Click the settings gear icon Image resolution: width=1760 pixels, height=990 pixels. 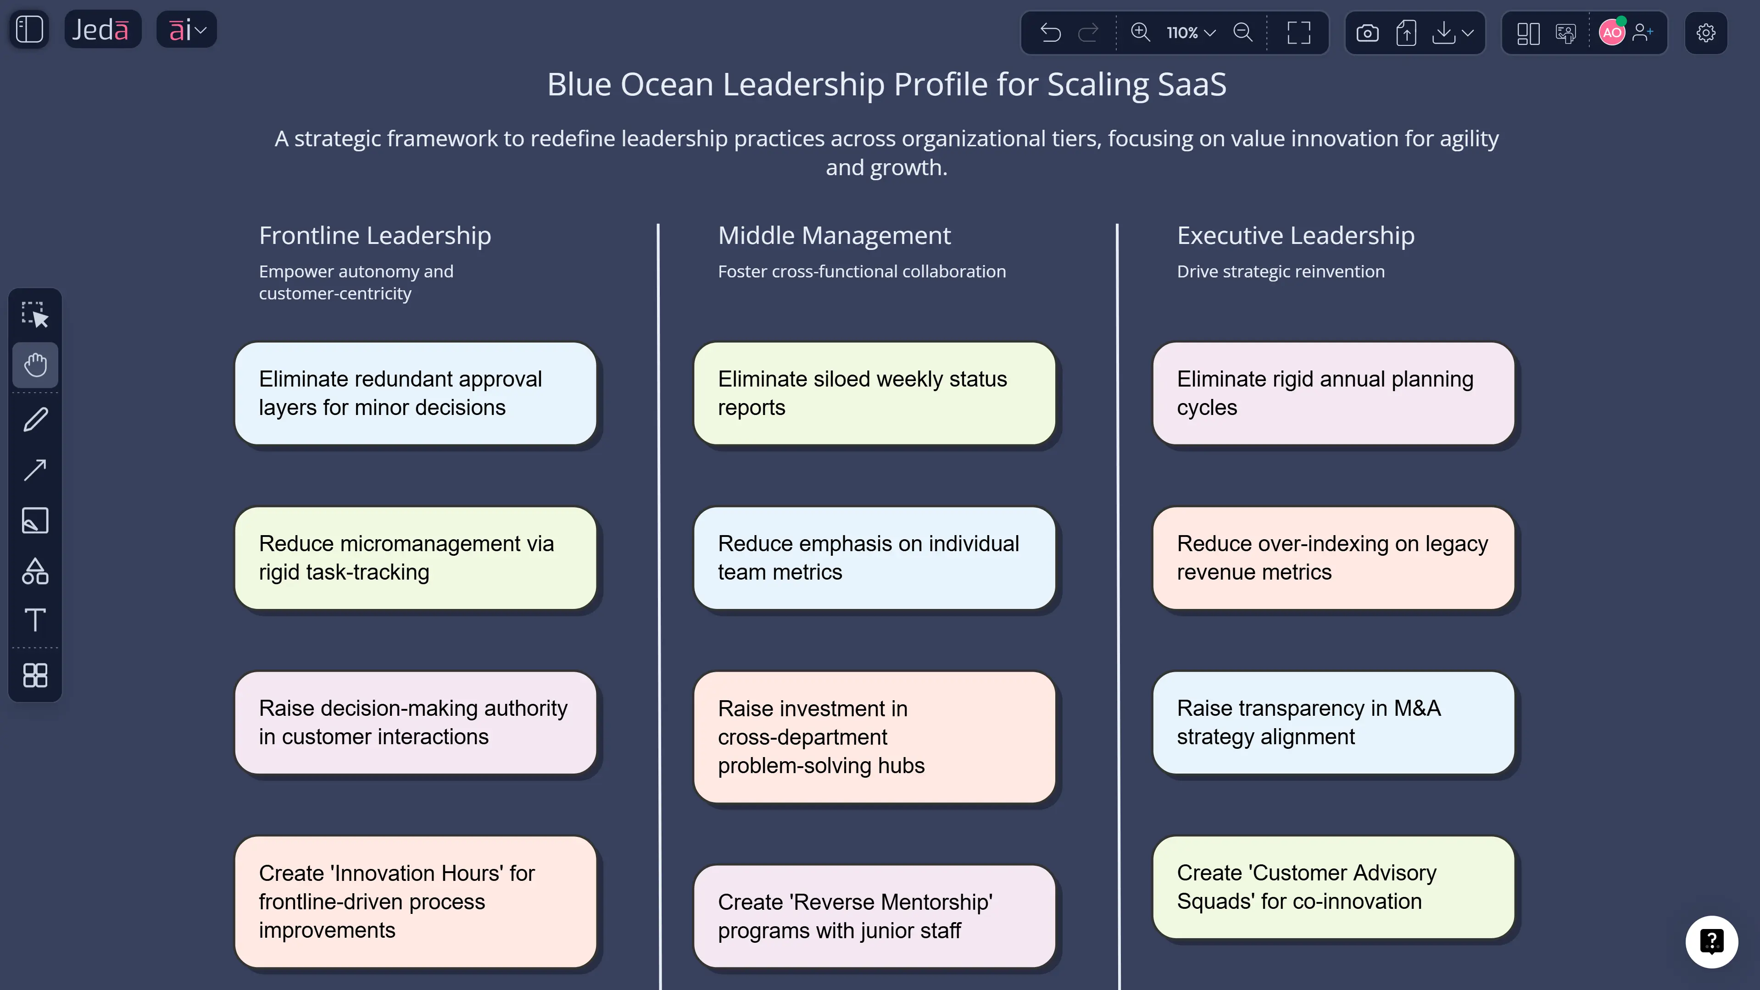pos(1705,33)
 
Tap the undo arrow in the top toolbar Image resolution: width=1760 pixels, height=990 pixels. pos(1050,33)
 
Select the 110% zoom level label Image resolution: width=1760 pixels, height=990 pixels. pos(1182,33)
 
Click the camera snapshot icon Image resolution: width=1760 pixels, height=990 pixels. pos(1367,33)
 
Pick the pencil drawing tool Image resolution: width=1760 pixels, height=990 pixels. pos(35,419)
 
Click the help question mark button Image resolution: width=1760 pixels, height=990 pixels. pos(1711,941)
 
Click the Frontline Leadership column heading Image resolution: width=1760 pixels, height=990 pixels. pos(374,236)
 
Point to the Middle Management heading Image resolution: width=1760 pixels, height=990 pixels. pos(834,236)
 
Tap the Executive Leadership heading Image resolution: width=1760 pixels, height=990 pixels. pos(1295,236)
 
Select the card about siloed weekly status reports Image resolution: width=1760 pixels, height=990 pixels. pos(874,393)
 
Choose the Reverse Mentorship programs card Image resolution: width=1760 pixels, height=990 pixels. pos(874,916)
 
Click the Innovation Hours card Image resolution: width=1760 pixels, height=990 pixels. pos(415,901)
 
